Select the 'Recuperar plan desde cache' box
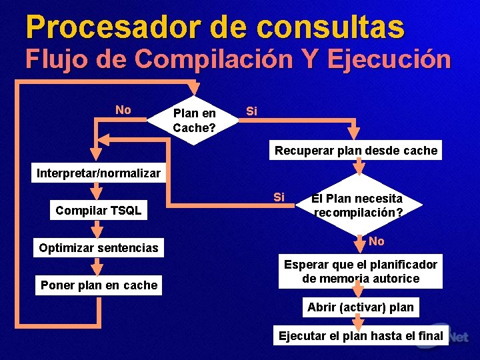point(356,151)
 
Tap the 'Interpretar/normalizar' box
point(99,173)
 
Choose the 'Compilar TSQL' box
point(99,211)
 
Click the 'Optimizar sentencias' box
point(99,248)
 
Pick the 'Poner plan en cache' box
point(99,285)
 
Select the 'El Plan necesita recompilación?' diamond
point(358,205)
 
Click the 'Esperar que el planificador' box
point(361,271)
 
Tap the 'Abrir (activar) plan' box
point(361,307)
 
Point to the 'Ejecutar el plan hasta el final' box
point(361,335)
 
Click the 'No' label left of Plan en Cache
point(123,110)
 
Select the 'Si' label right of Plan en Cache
point(251,111)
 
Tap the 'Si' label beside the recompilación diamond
point(279,197)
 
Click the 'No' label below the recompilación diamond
point(377,241)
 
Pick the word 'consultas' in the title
point(331,27)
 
